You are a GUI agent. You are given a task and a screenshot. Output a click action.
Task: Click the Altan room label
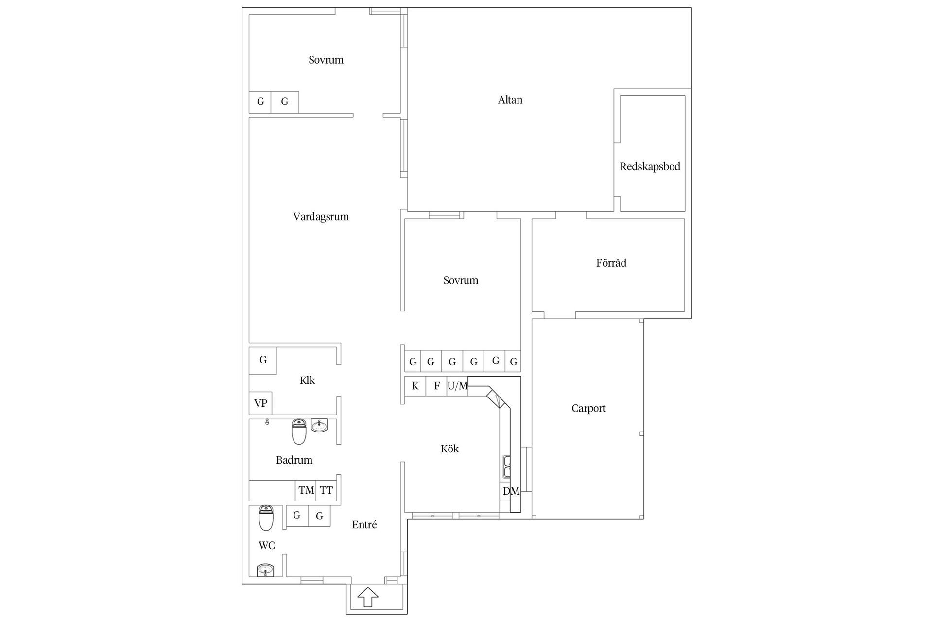(x=510, y=100)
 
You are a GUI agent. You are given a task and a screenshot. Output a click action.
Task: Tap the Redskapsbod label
(x=650, y=167)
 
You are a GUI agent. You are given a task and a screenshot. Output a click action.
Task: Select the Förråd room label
(x=611, y=263)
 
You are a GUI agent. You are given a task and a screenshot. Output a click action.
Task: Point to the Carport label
(x=588, y=408)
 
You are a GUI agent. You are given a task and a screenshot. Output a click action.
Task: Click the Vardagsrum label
(x=321, y=217)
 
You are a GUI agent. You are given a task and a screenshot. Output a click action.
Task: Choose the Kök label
(x=449, y=449)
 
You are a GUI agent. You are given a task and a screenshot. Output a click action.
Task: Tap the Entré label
(x=364, y=524)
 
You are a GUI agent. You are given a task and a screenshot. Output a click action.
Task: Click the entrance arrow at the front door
(x=368, y=597)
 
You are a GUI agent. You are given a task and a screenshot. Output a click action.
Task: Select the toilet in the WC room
(x=266, y=518)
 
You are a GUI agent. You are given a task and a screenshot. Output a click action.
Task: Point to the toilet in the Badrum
(x=299, y=432)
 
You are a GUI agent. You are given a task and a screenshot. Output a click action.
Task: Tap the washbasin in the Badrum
(x=319, y=426)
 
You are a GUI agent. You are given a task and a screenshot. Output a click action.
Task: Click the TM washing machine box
(x=306, y=491)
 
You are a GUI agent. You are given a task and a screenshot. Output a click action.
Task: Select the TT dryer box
(x=326, y=491)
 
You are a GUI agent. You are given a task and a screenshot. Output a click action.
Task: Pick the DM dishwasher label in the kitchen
(x=511, y=491)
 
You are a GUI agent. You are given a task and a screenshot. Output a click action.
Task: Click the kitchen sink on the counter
(x=506, y=466)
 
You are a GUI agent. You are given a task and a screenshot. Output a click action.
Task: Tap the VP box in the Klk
(x=260, y=403)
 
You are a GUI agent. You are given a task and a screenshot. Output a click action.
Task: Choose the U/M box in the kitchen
(x=457, y=386)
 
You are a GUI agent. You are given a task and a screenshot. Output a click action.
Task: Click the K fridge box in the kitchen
(x=415, y=386)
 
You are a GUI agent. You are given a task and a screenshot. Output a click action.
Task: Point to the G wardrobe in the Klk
(x=263, y=361)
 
